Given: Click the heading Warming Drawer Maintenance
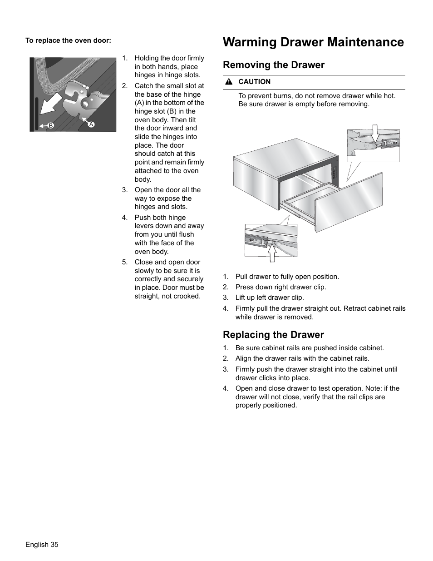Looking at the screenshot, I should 313,42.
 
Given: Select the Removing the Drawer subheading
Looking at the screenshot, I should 274,65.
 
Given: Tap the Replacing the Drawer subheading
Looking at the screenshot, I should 273,335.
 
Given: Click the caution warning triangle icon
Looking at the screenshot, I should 229,82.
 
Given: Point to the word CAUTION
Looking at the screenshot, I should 254,82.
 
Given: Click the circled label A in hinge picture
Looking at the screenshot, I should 91,124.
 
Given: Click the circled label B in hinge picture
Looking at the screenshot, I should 51,125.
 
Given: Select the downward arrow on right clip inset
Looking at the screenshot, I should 374,134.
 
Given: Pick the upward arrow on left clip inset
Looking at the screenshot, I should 272,253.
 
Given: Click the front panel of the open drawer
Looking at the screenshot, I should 349,202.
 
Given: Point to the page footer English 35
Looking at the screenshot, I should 42,545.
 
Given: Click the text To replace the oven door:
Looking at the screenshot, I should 68,40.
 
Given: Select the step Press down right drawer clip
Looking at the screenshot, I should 280,287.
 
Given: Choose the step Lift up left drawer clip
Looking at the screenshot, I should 270,298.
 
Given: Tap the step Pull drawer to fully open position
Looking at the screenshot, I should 287,277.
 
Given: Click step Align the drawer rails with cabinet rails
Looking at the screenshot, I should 302,358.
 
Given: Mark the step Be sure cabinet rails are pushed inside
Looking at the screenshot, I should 310,348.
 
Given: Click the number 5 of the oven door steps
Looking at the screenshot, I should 124,262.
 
